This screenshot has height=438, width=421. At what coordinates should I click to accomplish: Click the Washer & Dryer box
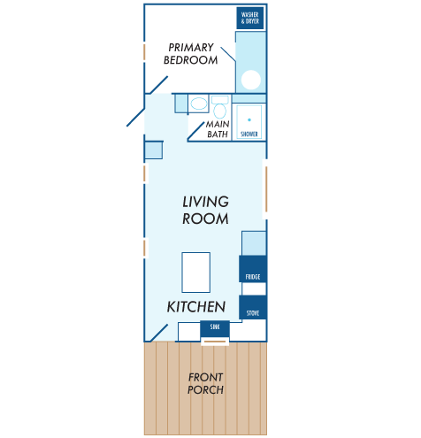click(249, 18)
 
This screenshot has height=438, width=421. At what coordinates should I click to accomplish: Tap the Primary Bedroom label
click(191, 54)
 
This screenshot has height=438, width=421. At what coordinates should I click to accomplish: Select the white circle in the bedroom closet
click(251, 80)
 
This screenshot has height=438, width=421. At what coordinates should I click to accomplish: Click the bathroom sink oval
click(199, 104)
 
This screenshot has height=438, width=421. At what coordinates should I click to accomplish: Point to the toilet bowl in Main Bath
click(219, 111)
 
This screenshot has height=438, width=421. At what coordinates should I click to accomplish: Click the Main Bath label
click(218, 129)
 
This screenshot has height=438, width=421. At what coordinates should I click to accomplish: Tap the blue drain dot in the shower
click(249, 119)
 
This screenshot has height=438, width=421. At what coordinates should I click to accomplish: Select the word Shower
click(249, 134)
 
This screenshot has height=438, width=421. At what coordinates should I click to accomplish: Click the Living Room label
click(205, 210)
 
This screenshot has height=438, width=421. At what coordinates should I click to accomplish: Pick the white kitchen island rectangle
click(195, 273)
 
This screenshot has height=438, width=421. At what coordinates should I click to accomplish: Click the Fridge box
click(253, 269)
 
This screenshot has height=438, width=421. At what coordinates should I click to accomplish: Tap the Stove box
click(253, 307)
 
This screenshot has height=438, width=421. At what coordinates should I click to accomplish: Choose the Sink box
click(215, 328)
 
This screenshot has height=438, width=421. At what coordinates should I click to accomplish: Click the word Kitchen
click(196, 307)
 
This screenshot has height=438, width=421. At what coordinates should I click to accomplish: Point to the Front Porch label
click(205, 383)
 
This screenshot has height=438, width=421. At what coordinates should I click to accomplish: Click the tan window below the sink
click(215, 342)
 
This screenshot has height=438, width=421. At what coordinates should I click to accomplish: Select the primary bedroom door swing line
click(158, 85)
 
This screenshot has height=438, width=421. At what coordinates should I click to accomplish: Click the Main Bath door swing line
click(195, 131)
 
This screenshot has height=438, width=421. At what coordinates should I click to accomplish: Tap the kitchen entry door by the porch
click(158, 334)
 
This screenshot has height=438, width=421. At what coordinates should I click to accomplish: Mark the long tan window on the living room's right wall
click(266, 188)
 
